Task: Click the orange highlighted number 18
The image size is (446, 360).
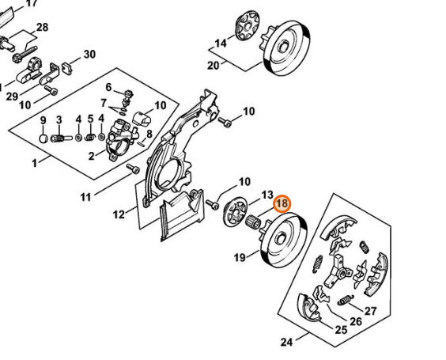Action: pyautogui.click(x=282, y=204)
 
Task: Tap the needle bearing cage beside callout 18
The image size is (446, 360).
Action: pyautogui.click(x=252, y=222)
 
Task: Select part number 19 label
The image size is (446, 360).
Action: pyautogui.click(x=240, y=258)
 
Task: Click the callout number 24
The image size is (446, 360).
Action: pyautogui.click(x=286, y=342)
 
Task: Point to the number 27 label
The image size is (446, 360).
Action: pyautogui.click(x=370, y=311)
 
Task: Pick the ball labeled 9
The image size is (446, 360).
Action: pyautogui.click(x=43, y=139)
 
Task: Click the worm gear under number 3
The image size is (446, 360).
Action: pyautogui.click(x=61, y=138)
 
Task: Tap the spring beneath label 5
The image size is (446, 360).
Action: pyautogui.click(x=90, y=138)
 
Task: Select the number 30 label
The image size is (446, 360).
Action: pyautogui.click(x=89, y=54)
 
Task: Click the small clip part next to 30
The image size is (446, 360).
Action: pyautogui.click(x=67, y=68)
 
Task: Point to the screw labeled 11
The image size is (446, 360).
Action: pyautogui.click(x=134, y=169)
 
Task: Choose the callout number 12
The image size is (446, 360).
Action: pyautogui.click(x=119, y=214)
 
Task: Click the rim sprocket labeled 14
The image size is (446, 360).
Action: pyautogui.click(x=248, y=26)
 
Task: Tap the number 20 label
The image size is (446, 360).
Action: pyautogui.click(x=213, y=66)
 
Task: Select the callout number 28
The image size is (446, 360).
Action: pyautogui.click(x=42, y=28)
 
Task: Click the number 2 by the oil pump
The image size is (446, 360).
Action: pyautogui.click(x=91, y=156)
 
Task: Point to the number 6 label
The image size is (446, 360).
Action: pyautogui.click(x=108, y=87)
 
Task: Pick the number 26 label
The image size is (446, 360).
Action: pyautogui.click(x=356, y=321)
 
